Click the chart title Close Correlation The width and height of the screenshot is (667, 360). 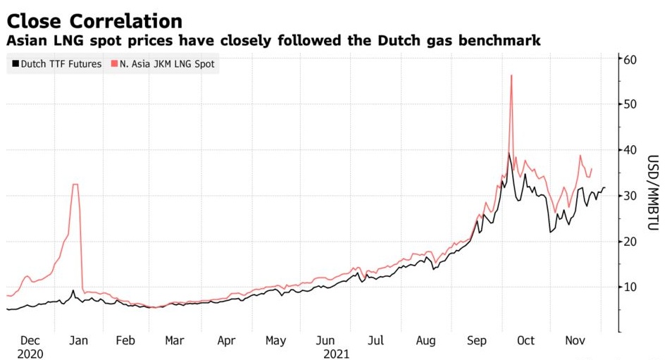(x=94, y=20)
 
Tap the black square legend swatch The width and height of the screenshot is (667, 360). (x=15, y=65)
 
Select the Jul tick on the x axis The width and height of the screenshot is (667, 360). (x=377, y=341)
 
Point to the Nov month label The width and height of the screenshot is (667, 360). (x=575, y=341)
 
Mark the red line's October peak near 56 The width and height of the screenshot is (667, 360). (x=511, y=75)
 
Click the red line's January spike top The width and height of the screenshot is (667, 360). (x=75, y=185)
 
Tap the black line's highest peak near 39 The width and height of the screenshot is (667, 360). (x=509, y=153)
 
